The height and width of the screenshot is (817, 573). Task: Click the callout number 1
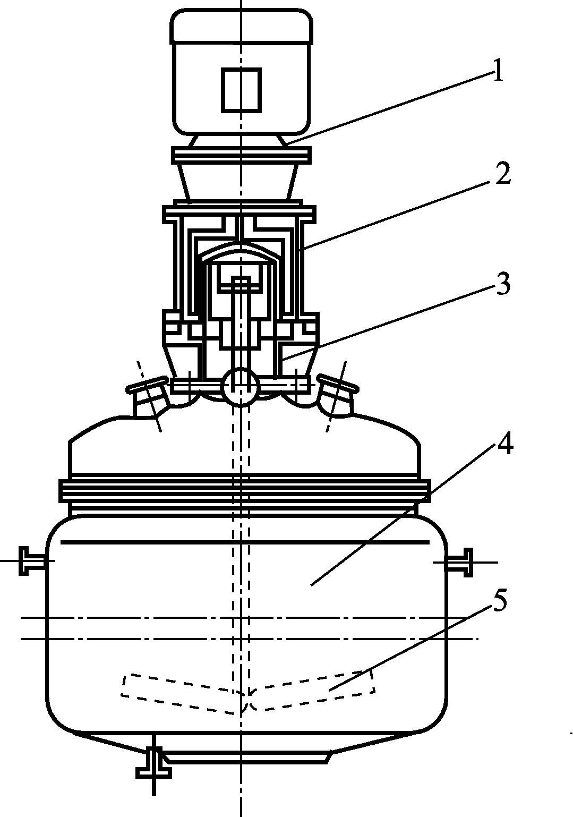click(x=498, y=70)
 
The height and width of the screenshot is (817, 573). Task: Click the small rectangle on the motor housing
click(x=242, y=89)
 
